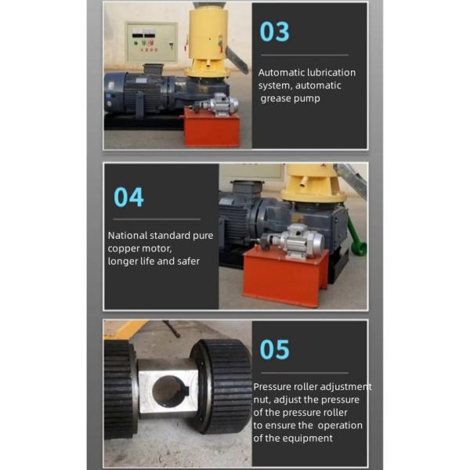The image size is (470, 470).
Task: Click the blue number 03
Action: pyautogui.click(x=274, y=32)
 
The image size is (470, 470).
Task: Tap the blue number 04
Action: pyautogui.click(x=128, y=197)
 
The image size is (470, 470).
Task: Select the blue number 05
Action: pyautogui.click(x=274, y=349)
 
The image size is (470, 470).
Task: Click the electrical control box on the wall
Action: pyautogui.click(x=151, y=42)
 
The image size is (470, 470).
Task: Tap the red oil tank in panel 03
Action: pyautogui.click(x=212, y=128)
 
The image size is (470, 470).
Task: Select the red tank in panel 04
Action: pyautogui.click(x=285, y=276)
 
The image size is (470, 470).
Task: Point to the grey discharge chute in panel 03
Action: pyautogui.click(x=237, y=60)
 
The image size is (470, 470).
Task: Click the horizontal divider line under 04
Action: pyautogui.click(x=157, y=219)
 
